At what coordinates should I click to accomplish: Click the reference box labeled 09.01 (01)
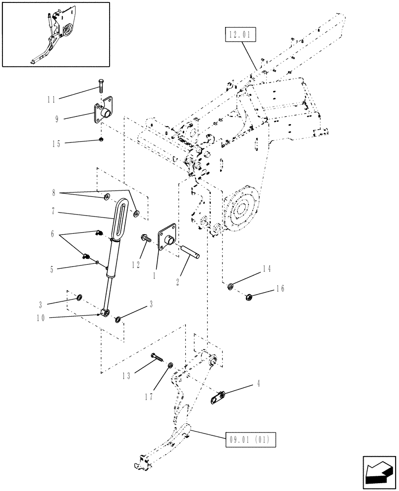251,438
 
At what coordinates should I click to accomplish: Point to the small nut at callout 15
100,140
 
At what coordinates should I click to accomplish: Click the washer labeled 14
230,286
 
